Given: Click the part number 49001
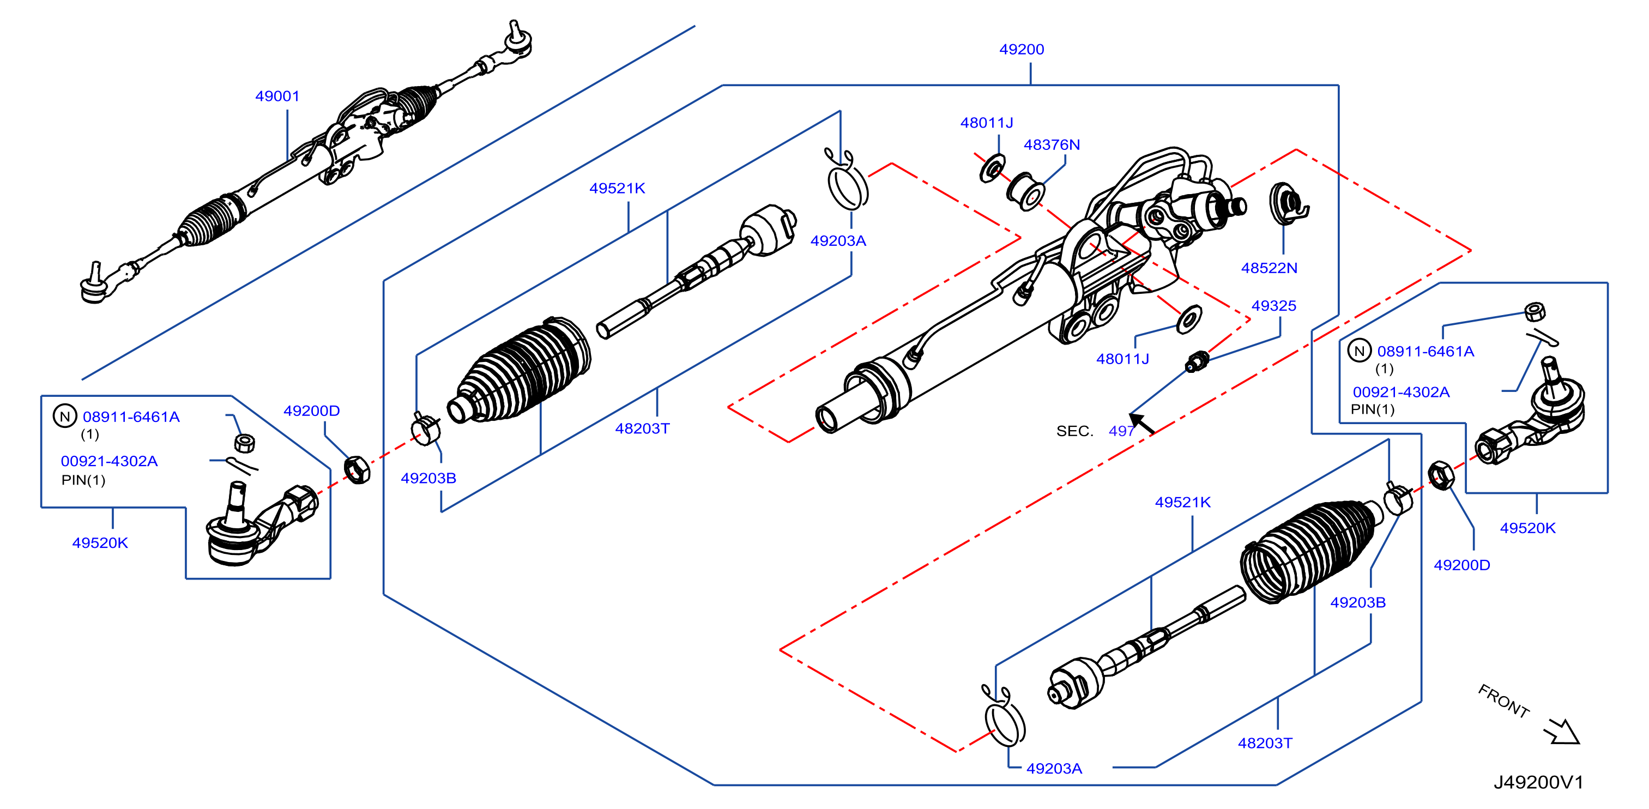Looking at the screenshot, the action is [x=277, y=96].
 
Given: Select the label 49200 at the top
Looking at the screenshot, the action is [x=1022, y=49].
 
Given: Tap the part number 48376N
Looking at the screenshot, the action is [x=1052, y=144].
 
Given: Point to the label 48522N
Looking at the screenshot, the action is [x=1270, y=268].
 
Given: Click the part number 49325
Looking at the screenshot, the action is [x=1274, y=306].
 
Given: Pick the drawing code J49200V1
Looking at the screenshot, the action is [x=1539, y=782].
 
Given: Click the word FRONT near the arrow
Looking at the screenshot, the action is [x=1503, y=701].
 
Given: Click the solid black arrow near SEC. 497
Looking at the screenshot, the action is [x=1142, y=424].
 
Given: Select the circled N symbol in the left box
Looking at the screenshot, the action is [x=65, y=416].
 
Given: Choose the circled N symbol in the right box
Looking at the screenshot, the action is [x=1359, y=351].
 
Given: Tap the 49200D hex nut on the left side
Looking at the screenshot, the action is [x=357, y=470].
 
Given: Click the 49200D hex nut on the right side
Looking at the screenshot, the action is [x=1441, y=475].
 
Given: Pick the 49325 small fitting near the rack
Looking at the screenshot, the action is [x=1197, y=363].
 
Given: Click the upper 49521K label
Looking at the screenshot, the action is [x=617, y=188].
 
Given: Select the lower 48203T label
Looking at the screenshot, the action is [x=1265, y=743].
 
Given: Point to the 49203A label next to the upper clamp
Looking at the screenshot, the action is [x=838, y=240].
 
